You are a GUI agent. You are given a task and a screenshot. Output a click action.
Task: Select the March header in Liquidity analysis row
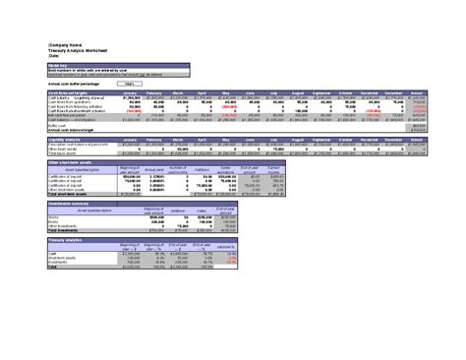(178, 141)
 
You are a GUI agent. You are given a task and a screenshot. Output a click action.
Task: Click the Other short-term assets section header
(74, 161)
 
